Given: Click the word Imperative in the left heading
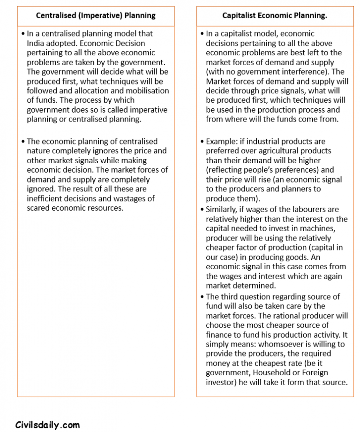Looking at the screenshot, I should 95,15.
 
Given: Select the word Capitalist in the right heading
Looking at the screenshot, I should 241,15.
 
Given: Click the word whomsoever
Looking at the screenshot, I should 280,344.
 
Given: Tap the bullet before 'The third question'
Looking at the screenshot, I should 202,296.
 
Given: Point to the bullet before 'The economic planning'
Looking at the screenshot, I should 22,141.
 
